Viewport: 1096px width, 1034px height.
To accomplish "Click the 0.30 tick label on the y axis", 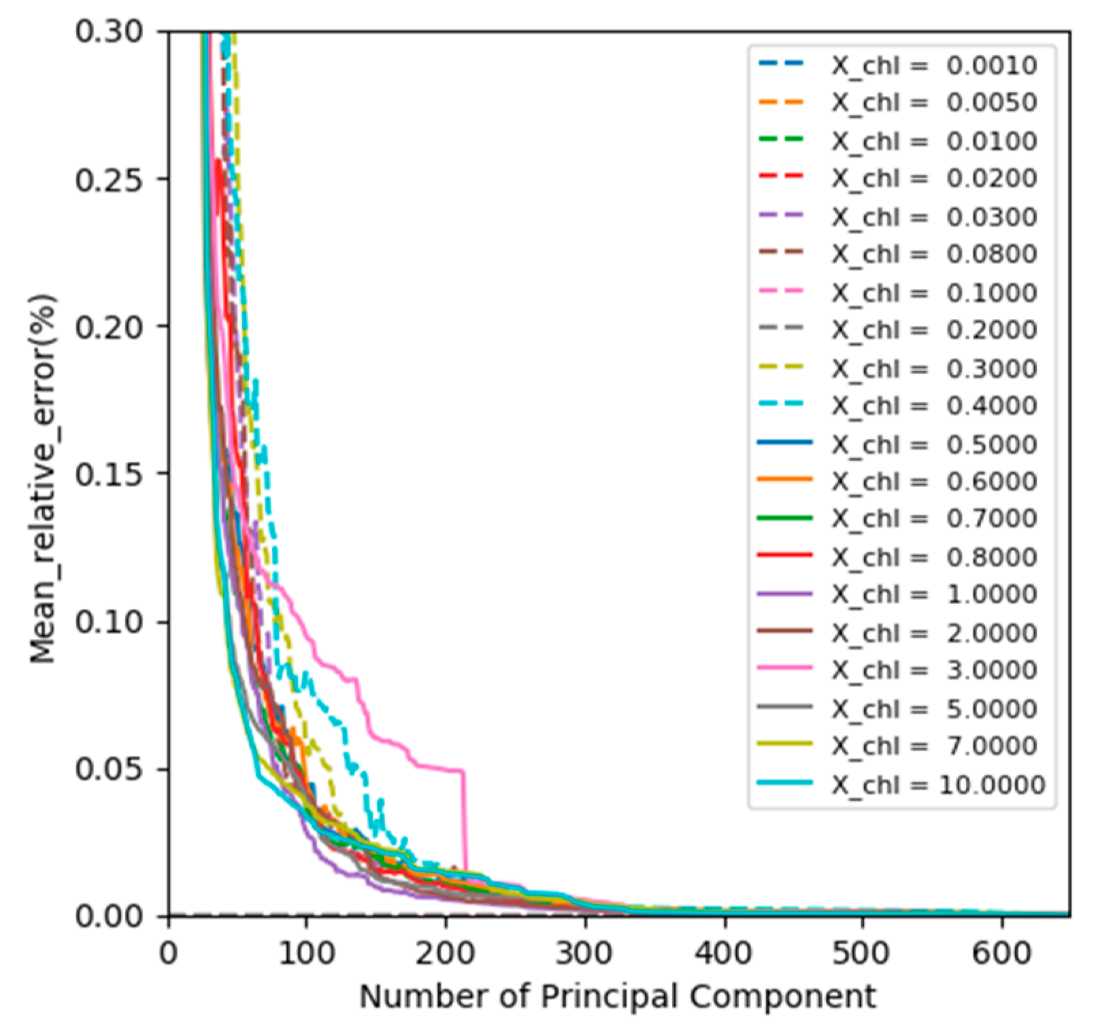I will tap(109, 31).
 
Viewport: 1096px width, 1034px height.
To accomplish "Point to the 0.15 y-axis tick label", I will tap(109, 474).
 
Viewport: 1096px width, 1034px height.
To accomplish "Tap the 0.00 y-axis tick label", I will tap(109, 916).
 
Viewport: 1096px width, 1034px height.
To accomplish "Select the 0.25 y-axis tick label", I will tap(109, 180).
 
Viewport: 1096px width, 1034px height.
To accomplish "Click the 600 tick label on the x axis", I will tap(1001, 953).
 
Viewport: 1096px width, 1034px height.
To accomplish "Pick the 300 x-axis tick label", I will tap(584, 953).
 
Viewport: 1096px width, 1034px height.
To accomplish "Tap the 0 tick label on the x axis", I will tap(168, 953).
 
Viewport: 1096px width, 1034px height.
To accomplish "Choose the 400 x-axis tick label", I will tap(724, 953).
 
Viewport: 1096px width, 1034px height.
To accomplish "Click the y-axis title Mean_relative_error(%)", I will tap(42, 478).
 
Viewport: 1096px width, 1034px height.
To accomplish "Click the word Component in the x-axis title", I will tap(782, 997).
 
